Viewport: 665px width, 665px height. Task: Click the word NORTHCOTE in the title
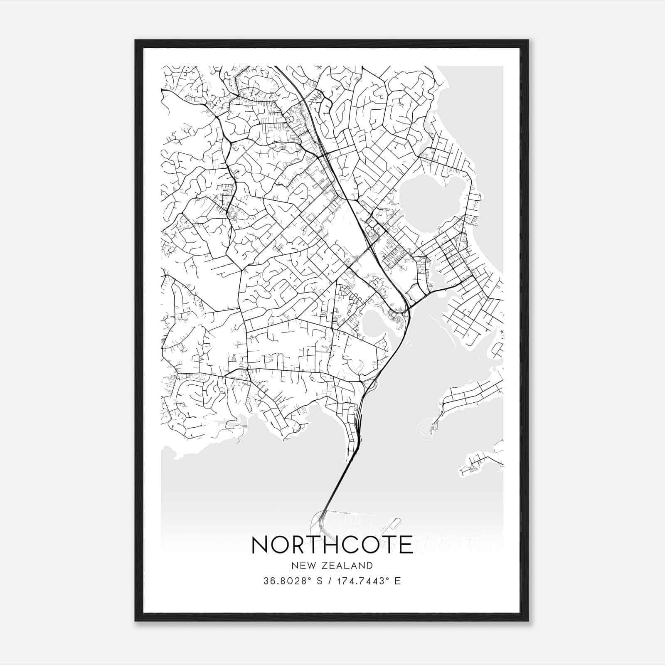(332, 544)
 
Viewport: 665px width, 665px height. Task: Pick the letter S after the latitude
(320, 581)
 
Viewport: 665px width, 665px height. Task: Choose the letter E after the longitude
(398, 581)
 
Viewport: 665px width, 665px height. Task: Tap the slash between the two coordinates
(329, 581)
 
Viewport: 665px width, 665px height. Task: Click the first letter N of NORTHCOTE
(261, 544)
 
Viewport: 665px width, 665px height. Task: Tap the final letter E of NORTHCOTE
(405, 544)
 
